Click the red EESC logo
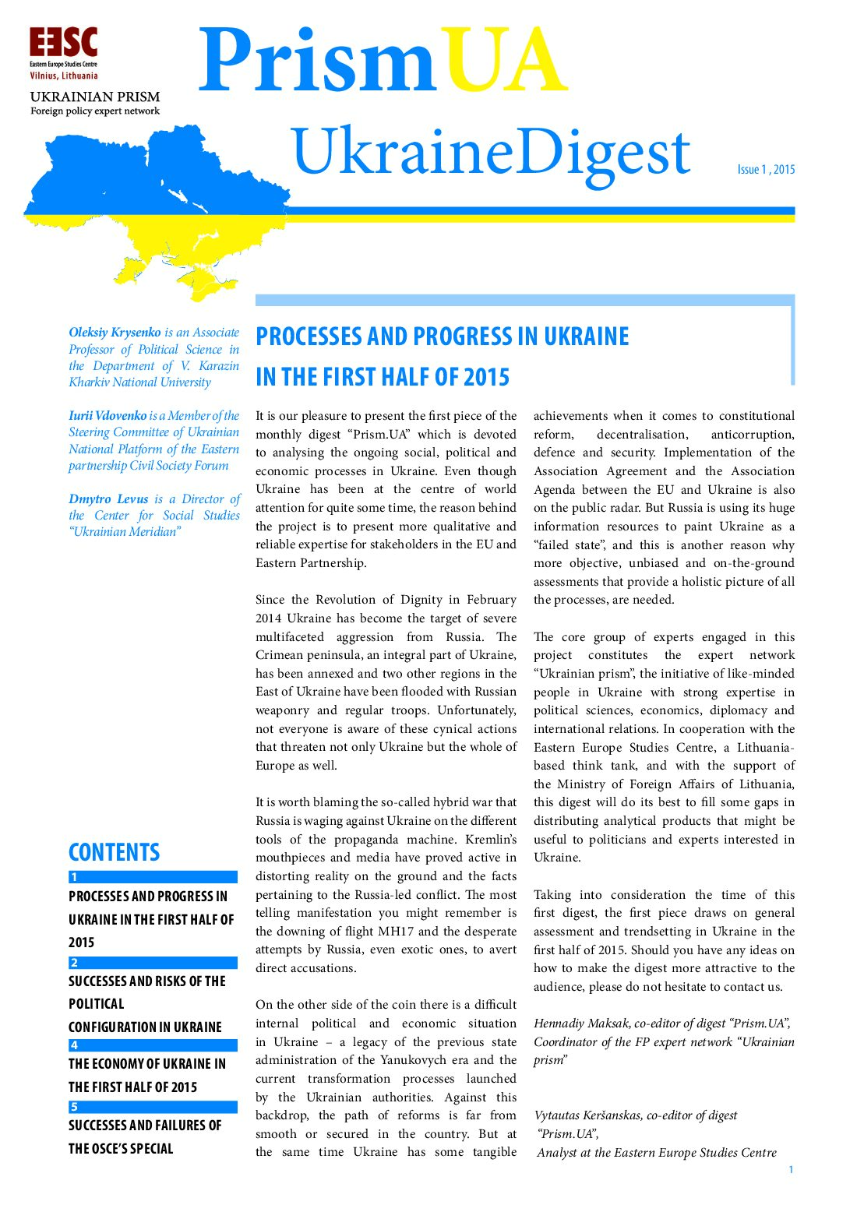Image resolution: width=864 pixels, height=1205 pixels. click(63, 44)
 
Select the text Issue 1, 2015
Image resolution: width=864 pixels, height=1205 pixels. click(766, 169)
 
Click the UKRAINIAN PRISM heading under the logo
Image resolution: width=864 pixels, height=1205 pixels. click(94, 97)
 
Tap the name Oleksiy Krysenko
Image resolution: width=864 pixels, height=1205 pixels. click(115, 333)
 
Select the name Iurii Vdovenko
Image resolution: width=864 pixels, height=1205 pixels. click(108, 416)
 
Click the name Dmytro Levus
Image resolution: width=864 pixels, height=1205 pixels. click(108, 499)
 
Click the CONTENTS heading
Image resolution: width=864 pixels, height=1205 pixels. click(114, 852)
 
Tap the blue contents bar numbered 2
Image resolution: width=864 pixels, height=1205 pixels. click(153, 963)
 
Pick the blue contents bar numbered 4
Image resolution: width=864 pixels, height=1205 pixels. click(153, 1045)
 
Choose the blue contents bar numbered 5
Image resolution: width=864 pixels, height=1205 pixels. click(153, 1107)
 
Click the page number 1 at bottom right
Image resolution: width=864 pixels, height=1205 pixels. click(791, 1169)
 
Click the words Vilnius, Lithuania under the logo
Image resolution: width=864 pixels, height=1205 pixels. click(64, 76)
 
